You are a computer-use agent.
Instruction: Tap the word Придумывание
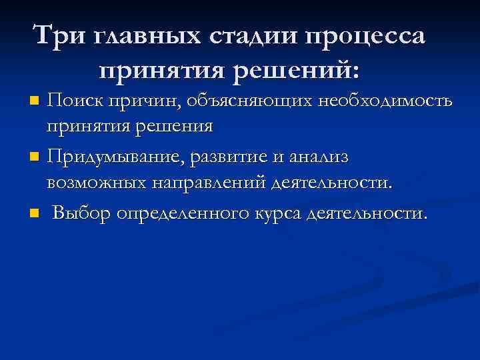(x=115, y=158)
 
